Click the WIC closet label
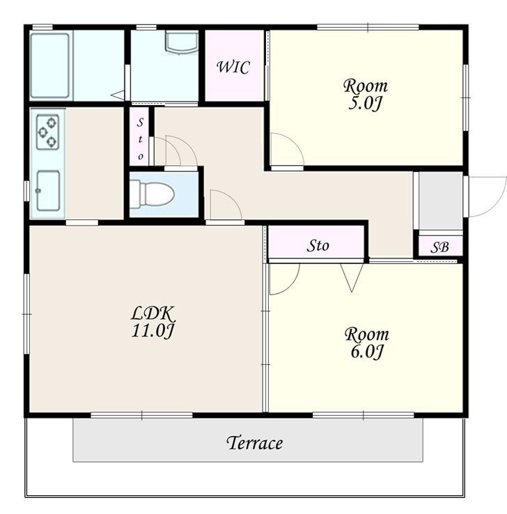point(233,67)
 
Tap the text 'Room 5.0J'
point(366,95)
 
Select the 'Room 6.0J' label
point(367,343)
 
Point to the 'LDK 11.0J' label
point(153,322)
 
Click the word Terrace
point(254,443)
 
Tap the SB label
point(439,247)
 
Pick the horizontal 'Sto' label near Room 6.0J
point(318,245)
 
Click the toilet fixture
point(152,194)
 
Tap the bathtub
point(50,65)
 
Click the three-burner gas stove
point(48,132)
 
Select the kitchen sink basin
point(48,190)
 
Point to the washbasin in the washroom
point(182,41)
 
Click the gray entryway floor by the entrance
point(441,201)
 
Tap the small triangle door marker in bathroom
point(118,95)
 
